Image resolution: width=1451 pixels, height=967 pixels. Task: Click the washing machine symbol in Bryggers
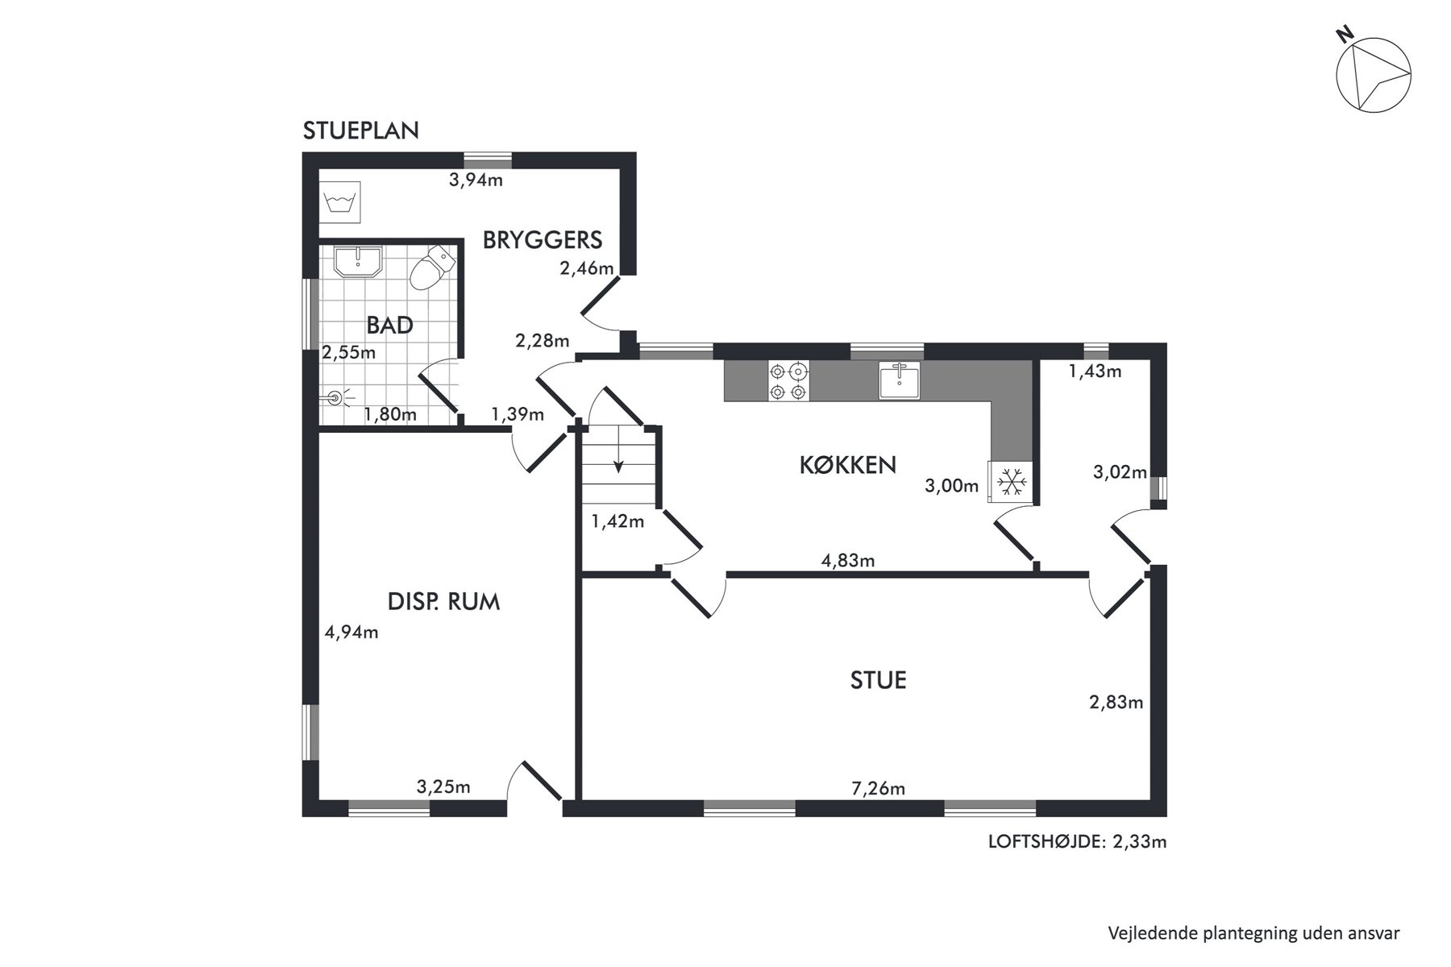(x=340, y=202)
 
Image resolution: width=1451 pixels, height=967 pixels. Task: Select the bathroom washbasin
(x=358, y=262)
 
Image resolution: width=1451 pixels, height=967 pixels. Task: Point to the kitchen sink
(x=899, y=380)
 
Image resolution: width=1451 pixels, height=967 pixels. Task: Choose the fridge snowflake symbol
(x=1010, y=482)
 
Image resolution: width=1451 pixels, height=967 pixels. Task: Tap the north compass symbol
(x=1373, y=70)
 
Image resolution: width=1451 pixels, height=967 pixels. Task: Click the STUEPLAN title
(x=360, y=131)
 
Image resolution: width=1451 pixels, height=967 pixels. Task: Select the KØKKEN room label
(x=847, y=465)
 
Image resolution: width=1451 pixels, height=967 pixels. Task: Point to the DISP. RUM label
(x=443, y=602)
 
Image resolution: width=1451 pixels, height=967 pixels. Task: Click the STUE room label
(x=879, y=680)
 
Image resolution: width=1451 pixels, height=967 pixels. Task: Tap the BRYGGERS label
(x=543, y=239)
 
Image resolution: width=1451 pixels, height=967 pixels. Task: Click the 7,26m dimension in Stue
(x=879, y=788)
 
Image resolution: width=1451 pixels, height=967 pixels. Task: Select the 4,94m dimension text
(x=351, y=632)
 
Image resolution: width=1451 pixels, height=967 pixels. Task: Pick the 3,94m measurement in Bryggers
(x=476, y=180)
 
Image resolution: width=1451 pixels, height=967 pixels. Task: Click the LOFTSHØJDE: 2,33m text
(x=1078, y=842)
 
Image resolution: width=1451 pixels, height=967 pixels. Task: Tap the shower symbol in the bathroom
(x=339, y=397)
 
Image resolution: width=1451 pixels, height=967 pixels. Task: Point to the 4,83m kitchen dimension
(x=848, y=560)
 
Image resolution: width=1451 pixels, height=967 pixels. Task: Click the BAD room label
(x=389, y=325)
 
